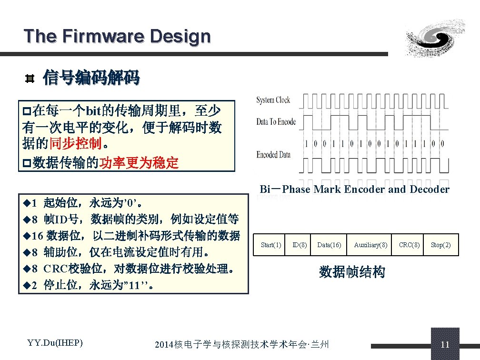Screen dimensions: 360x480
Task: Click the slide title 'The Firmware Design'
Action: point(117,36)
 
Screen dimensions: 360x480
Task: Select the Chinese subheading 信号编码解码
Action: point(91,77)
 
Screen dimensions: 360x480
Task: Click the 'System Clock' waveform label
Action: point(273,100)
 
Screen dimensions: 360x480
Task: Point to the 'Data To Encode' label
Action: point(276,122)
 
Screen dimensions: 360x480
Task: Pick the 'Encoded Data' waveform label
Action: point(273,155)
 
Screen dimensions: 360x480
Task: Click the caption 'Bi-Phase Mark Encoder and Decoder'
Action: point(354,190)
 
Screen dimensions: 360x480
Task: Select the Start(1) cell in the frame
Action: point(271,245)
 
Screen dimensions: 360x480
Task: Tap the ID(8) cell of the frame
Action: point(300,245)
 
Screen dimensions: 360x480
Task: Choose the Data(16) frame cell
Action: point(329,245)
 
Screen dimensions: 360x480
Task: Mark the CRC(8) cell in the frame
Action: point(409,245)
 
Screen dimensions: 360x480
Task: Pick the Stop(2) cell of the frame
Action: point(440,245)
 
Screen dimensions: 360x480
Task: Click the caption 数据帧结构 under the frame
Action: point(352,272)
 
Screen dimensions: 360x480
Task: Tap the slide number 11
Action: point(445,345)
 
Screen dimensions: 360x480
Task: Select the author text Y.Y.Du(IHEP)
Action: point(55,343)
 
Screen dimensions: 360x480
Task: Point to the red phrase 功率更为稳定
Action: point(138,163)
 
